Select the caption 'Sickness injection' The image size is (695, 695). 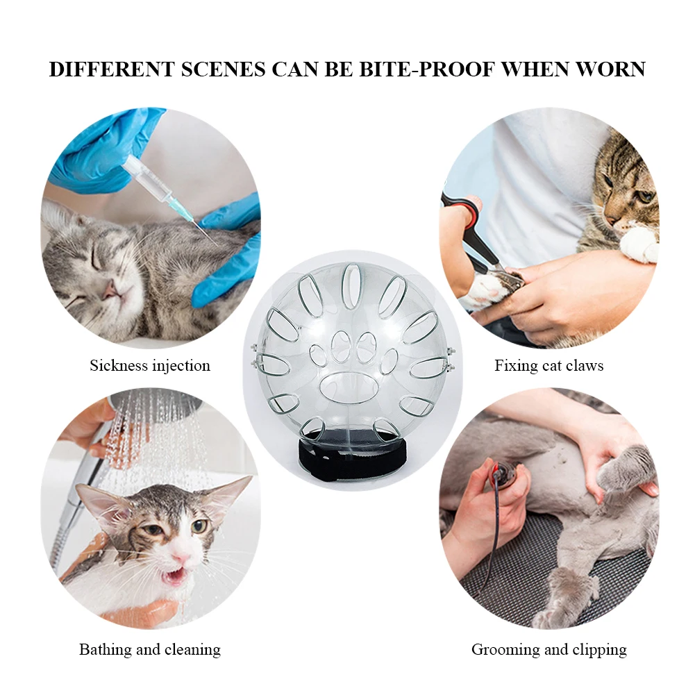tap(150, 366)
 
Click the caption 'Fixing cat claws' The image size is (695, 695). tap(549, 366)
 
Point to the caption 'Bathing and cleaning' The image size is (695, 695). tap(150, 649)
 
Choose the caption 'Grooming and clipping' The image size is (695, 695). tap(549, 650)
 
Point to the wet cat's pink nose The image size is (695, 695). tap(181, 558)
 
